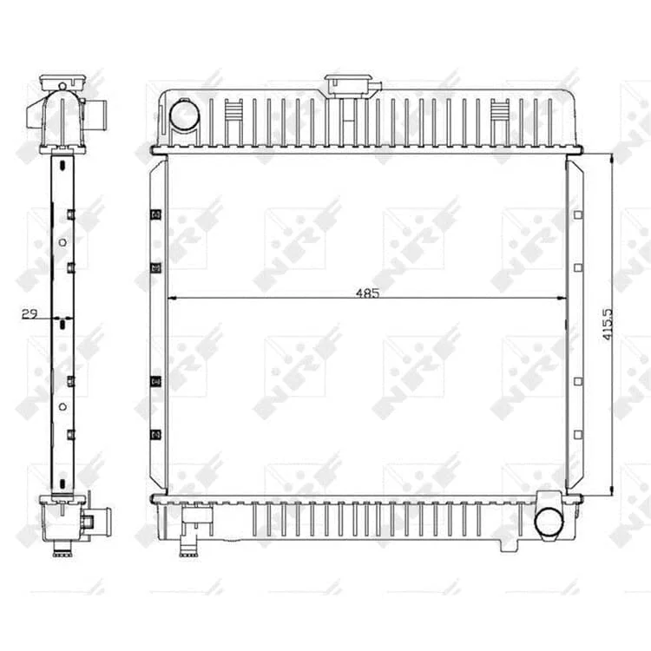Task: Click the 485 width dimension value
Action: pyautogui.click(x=368, y=293)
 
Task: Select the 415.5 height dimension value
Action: pyautogui.click(x=608, y=325)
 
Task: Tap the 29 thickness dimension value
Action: pyautogui.click(x=29, y=314)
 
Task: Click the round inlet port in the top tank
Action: pyautogui.click(x=184, y=115)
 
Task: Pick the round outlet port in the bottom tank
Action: pyautogui.click(x=549, y=523)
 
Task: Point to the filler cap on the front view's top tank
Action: pyautogui.click(x=348, y=84)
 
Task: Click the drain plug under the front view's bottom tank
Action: pyautogui.click(x=188, y=547)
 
